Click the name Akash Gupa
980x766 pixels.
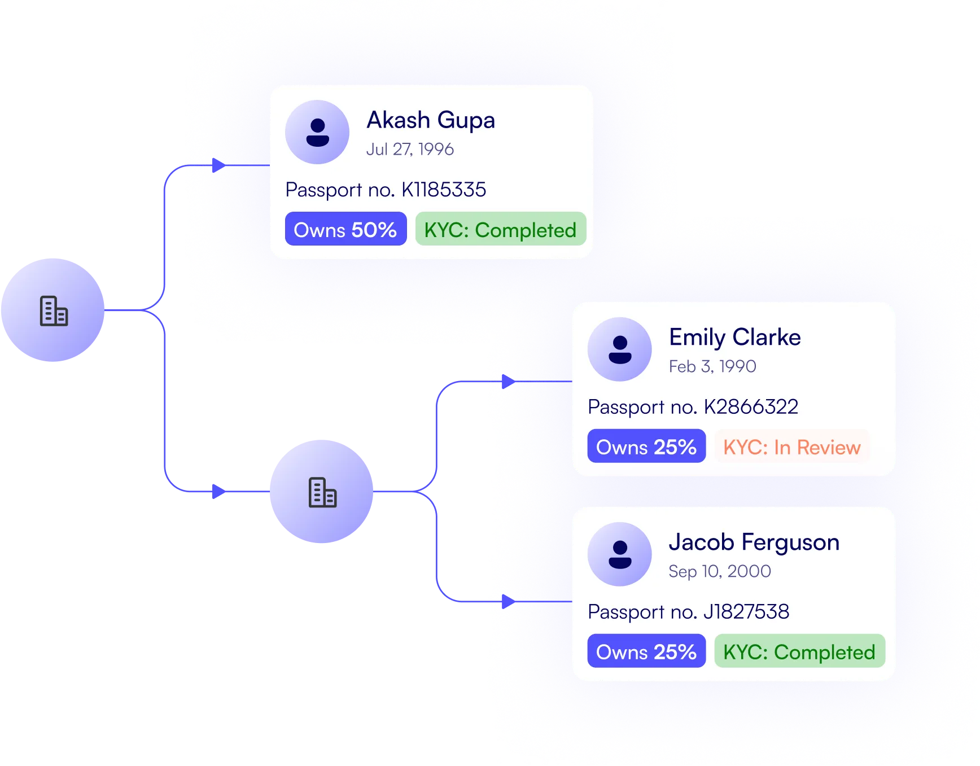tap(430, 120)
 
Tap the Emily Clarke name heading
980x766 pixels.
tap(734, 338)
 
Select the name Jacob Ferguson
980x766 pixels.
tap(754, 542)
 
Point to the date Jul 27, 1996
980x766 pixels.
tap(410, 149)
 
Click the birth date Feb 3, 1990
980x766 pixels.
tap(712, 366)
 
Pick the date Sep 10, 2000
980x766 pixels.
tap(719, 571)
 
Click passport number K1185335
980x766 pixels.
tap(443, 190)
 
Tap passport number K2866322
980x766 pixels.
tap(751, 407)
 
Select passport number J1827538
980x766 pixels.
tap(746, 612)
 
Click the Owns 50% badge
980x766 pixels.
tap(345, 229)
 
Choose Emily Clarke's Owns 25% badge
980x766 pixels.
tap(646, 447)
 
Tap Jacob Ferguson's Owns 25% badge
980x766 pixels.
tap(646, 651)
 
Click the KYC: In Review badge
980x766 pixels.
tap(792, 447)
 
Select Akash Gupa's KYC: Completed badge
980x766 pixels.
tap(500, 229)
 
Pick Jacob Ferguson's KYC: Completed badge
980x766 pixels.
tap(799, 651)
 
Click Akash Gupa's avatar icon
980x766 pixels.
tap(317, 133)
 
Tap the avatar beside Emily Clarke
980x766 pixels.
tap(619, 349)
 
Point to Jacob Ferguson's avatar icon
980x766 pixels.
tap(619, 554)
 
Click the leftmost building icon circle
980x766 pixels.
tap(54, 310)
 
